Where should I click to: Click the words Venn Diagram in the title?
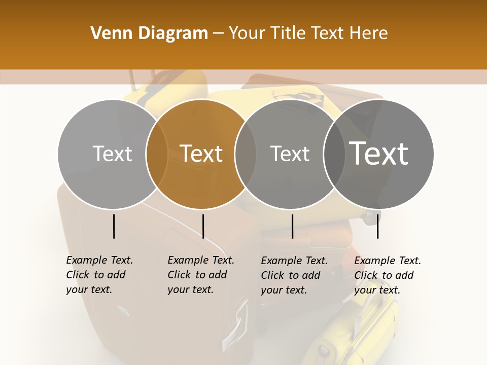[149, 33]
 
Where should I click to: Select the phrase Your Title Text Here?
[308, 33]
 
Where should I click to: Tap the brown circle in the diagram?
[201, 127]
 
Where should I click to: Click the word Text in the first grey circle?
[112, 154]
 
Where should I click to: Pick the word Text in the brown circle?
[201, 154]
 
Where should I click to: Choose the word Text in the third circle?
[290, 154]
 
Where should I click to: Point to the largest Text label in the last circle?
[379, 154]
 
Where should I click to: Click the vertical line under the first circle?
[114, 226]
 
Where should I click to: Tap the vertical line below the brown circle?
[203, 226]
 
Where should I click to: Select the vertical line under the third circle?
[292, 226]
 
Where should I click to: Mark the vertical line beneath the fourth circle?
[377, 226]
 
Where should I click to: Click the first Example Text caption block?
[99, 275]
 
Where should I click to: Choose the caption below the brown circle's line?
[201, 275]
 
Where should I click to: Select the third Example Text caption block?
[294, 275]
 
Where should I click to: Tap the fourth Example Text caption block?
[388, 275]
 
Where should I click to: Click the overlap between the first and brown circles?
[157, 154]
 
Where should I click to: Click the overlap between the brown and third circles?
[246, 154]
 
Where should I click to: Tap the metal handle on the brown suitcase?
[234, 325]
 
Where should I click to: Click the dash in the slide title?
[218, 34]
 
